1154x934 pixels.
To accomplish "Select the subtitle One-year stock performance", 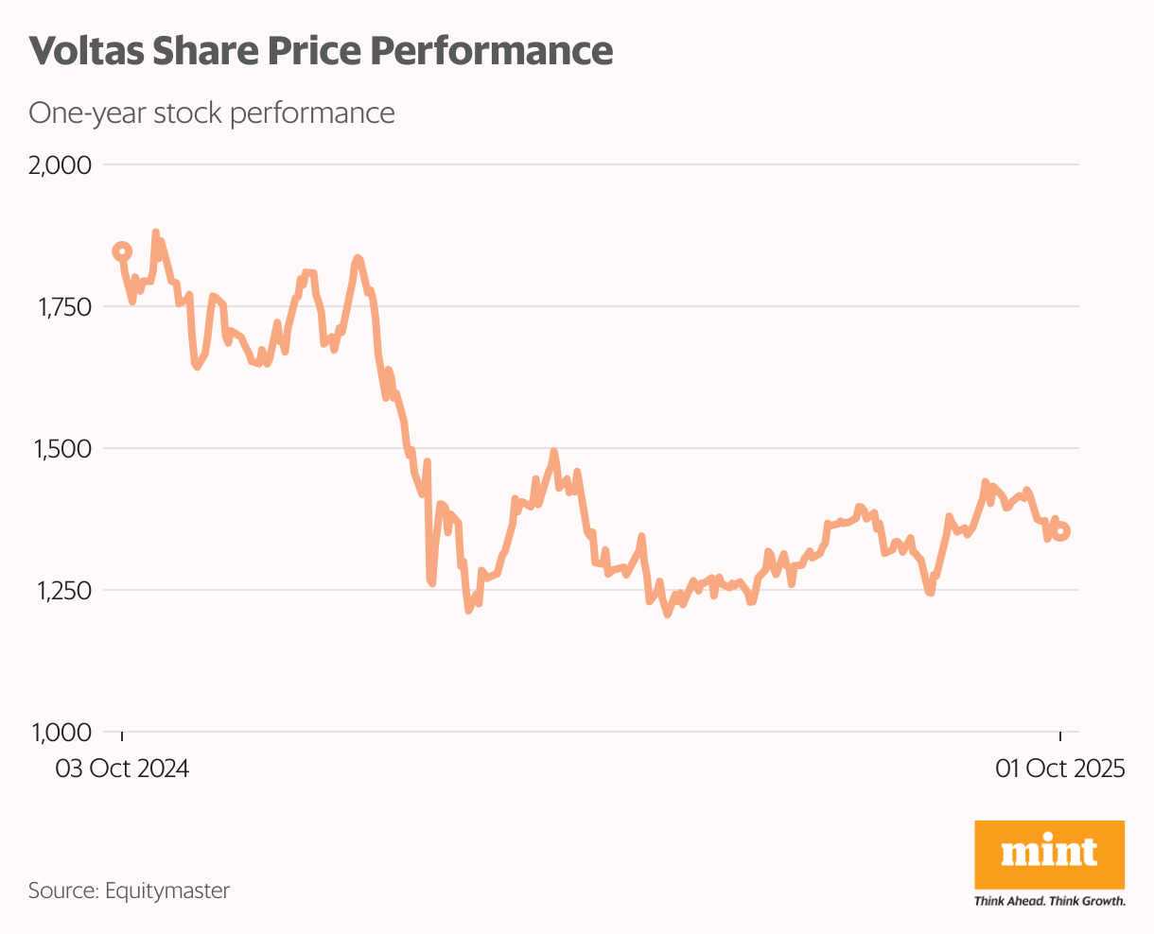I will coord(211,112).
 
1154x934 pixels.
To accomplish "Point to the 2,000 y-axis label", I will coord(61,165).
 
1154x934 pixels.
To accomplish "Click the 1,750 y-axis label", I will coord(61,307).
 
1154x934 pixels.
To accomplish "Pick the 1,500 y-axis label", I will coord(61,448).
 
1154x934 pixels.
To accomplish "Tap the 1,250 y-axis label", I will coord(61,590).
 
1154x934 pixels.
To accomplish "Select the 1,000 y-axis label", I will coord(61,732).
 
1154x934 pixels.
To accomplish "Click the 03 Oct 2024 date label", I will coord(122,769).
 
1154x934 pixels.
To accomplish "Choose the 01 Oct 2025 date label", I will coord(1060,769).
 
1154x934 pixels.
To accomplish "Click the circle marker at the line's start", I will coord(122,251).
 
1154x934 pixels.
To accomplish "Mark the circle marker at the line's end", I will coord(1061,531).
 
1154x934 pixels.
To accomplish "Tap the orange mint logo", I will coord(1049,854).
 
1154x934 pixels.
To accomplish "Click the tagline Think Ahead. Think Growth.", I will coord(1049,901).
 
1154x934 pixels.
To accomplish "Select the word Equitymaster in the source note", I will coord(167,891).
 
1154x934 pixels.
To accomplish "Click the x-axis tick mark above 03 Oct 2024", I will coord(122,736).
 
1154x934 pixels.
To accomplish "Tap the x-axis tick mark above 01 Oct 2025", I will coord(1060,736).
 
